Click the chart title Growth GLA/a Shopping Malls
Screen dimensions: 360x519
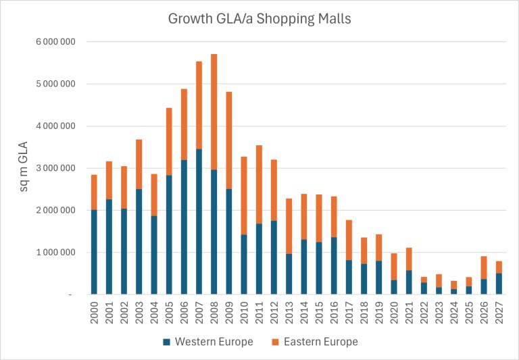(x=259, y=18)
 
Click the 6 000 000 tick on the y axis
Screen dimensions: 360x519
(x=59, y=42)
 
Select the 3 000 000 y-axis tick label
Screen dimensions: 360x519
(x=59, y=168)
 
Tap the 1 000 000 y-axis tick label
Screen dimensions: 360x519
(x=59, y=253)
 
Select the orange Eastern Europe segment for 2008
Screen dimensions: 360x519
(x=214, y=111)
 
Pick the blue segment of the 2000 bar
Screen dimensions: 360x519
(x=95, y=252)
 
